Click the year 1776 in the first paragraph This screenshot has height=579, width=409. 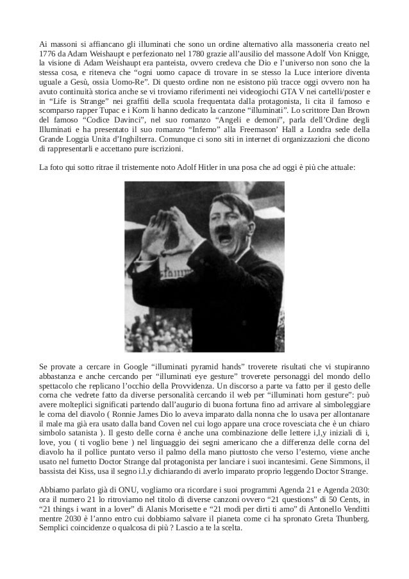tap(47, 54)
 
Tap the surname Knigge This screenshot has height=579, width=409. tap(357, 54)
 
